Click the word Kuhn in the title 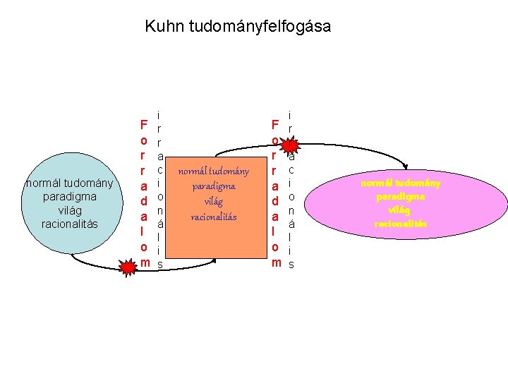tap(162, 27)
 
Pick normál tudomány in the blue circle tap(69, 183)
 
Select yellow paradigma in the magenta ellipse tap(400, 197)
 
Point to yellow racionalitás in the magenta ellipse tap(400, 223)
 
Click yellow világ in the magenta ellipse tap(400, 210)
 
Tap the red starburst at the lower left tap(128, 267)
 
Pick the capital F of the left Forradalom tap(143, 125)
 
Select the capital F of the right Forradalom tap(275, 125)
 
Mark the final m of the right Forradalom tap(276, 263)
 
